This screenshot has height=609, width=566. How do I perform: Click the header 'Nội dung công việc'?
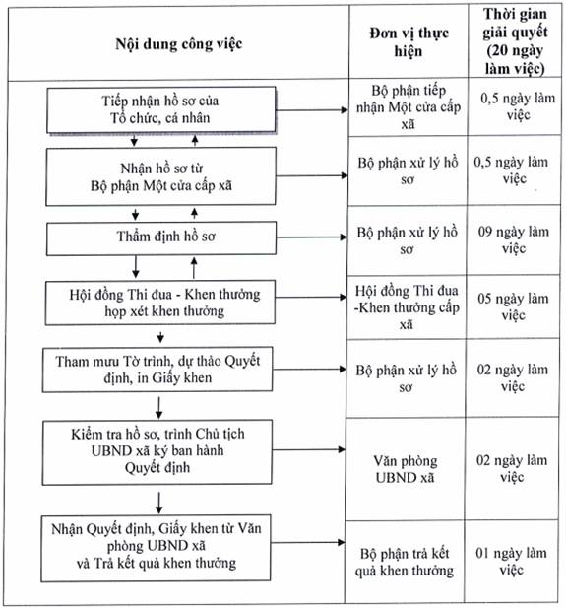(x=179, y=44)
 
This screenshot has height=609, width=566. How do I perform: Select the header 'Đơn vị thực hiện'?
(x=409, y=42)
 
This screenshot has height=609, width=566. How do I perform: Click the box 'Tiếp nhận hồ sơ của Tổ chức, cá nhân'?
(x=161, y=110)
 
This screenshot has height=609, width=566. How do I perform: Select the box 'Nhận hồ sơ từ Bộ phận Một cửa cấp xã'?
(x=161, y=176)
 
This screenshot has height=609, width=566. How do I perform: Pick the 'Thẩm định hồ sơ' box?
(x=161, y=238)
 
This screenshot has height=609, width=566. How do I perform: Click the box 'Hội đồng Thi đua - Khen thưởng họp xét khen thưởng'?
(x=160, y=303)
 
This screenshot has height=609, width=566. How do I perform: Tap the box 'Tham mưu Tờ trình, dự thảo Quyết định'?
(x=157, y=370)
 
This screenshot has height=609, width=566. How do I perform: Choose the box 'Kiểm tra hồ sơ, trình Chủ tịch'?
(x=157, y=452)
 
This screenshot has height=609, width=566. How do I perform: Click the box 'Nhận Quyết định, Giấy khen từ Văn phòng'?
(x=156, y=548)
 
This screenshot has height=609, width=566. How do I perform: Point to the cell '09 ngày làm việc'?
(x=514, y=239)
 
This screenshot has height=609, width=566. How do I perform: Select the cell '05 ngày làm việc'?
(x=513, y=306)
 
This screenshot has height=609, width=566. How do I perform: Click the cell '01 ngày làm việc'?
(x=511, y=562)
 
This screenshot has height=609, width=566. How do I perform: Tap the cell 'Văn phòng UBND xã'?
(x=406, y=469)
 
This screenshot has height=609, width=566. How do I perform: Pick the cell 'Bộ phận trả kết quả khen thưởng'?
(x=405, y=562)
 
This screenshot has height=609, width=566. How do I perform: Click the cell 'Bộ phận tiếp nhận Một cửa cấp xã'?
(x=409, y=107)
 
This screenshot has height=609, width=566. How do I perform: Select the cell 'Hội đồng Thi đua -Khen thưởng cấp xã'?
(x=407, y=307)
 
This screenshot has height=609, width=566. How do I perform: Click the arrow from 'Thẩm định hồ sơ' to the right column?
(x=312, y=237)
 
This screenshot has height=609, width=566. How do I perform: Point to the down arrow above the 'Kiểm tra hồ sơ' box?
(x=158, y=408)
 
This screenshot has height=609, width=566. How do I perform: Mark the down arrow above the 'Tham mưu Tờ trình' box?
(x=160, y=337)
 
